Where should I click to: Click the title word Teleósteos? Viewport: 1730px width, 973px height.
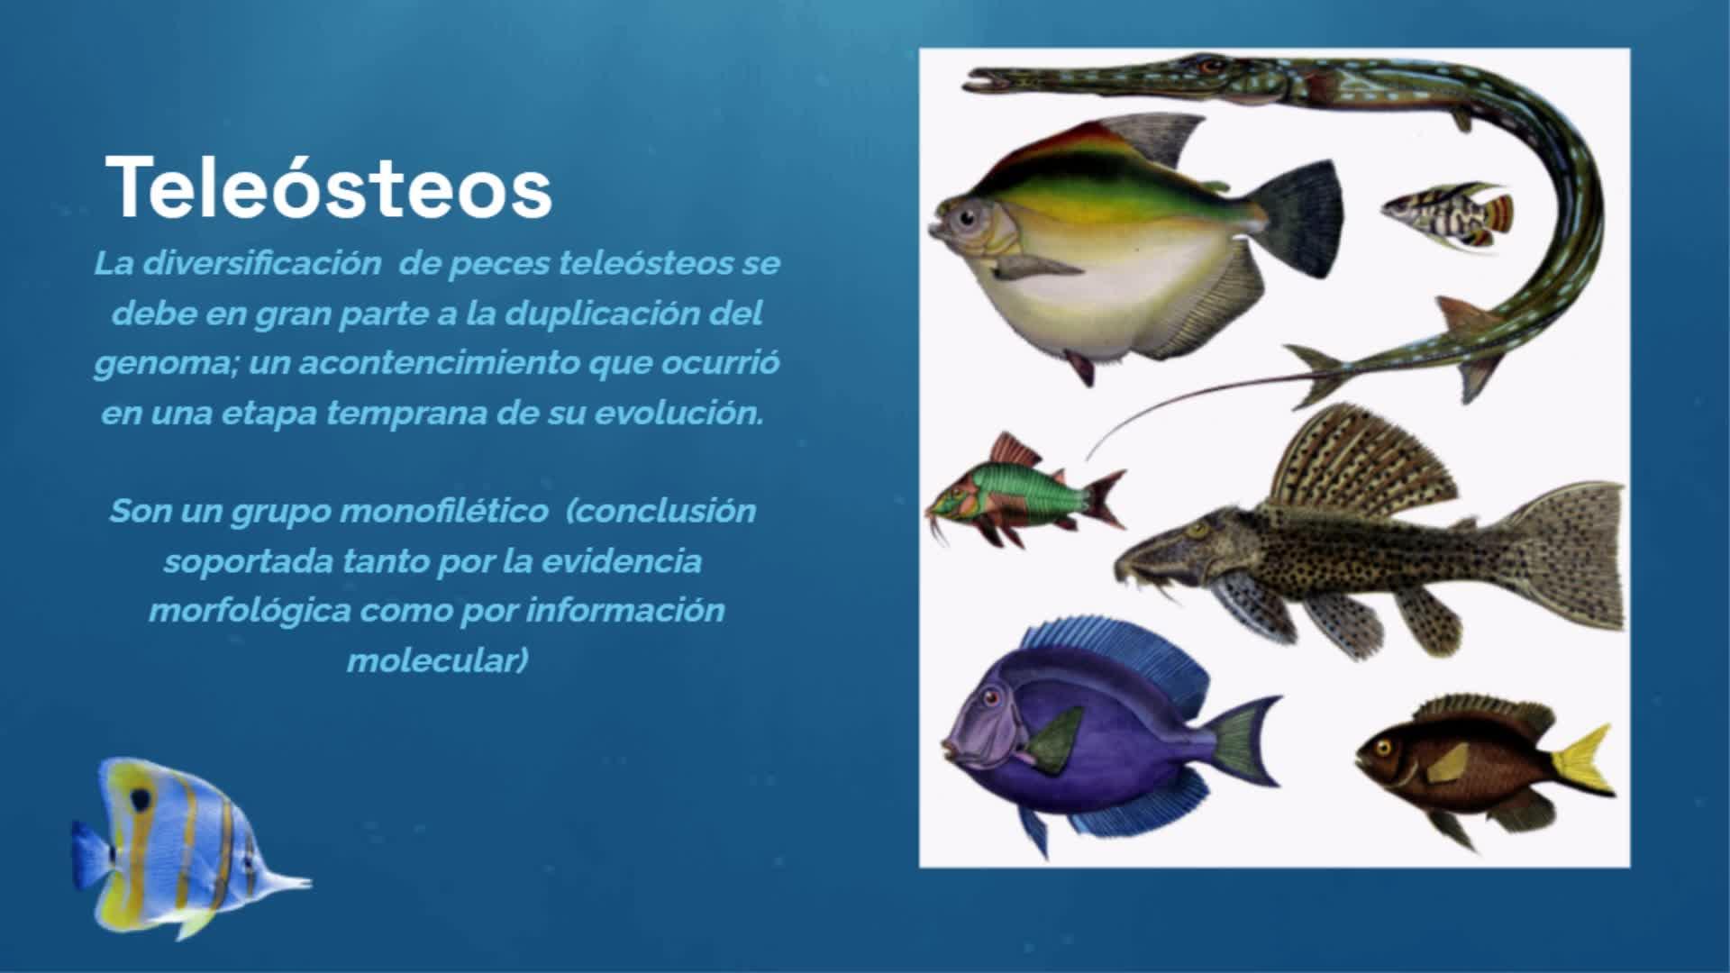tap(329, 187)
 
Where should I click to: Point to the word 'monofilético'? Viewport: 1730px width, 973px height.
tap(446, 511)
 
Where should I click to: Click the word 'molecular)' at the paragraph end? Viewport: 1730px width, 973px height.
tap(437, 660)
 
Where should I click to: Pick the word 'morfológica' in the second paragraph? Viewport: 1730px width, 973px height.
tap(250, 611)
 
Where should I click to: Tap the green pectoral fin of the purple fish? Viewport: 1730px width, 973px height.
tap(1054, 740)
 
